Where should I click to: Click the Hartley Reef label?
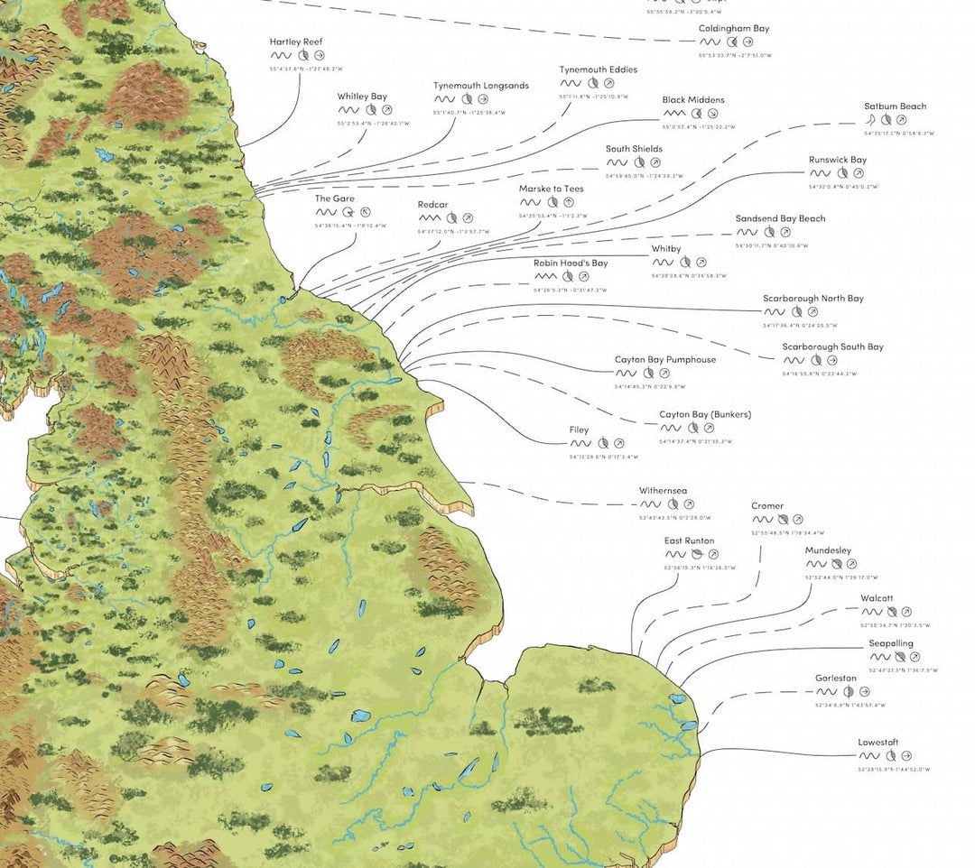295,42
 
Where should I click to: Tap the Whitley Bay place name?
362,97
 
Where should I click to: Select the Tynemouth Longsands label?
480,86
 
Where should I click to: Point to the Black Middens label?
692,100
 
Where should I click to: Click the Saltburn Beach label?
895,106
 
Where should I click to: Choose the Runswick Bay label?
837,160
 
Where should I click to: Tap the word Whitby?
666,249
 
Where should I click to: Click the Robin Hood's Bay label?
570,263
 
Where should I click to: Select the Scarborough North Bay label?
812,299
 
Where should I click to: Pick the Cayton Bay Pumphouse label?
664,360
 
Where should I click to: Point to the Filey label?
579,430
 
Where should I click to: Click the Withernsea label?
664,491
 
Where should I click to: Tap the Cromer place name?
767,506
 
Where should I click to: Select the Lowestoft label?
877,743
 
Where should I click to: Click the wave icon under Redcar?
429,218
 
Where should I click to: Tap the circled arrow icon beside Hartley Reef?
319,55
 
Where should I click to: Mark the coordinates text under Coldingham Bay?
734,55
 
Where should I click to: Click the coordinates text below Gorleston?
850,706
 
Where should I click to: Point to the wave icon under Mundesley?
817,564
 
